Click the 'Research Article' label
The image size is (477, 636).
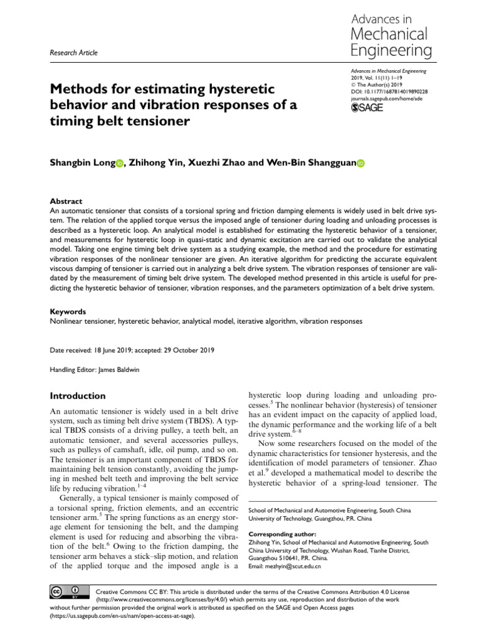tap(73, 53)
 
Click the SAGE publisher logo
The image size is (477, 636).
tap(368, 107)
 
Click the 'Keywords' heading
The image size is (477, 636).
tap(68, 311)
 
